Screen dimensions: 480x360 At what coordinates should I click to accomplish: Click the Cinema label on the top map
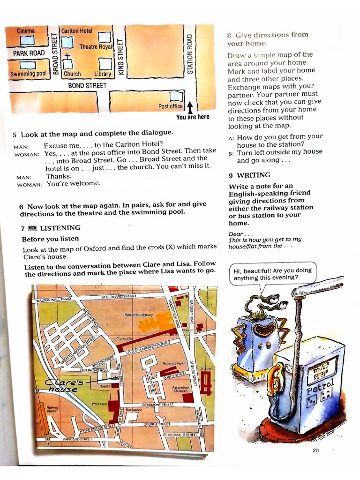click(x=26, y=31)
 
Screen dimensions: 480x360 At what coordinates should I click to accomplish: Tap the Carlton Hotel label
click(x=77, y=31)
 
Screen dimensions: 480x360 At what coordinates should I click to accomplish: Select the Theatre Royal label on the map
click(x=96, y=47)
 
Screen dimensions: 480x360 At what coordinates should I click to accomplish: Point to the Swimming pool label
click(x=28, y=74)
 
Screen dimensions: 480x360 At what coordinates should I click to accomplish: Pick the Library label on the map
click(x=103, y=74)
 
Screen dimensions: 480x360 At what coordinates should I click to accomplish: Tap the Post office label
click(x=170, y=106)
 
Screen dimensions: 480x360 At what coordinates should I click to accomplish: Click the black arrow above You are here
click(x=190, y=107)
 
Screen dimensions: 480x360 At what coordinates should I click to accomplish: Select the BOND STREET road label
click(x=87, y=86)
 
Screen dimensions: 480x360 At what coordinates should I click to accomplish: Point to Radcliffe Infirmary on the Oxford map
click(x=138, y=315)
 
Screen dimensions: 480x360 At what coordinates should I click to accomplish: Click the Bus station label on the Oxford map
click(x=134, y=409)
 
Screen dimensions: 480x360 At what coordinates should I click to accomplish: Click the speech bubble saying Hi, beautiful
click(x=272, y=273)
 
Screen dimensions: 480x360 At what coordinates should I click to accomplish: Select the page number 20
click(x=315, y=451)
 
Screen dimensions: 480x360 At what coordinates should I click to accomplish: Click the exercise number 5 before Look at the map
click(x=15, y=134)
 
